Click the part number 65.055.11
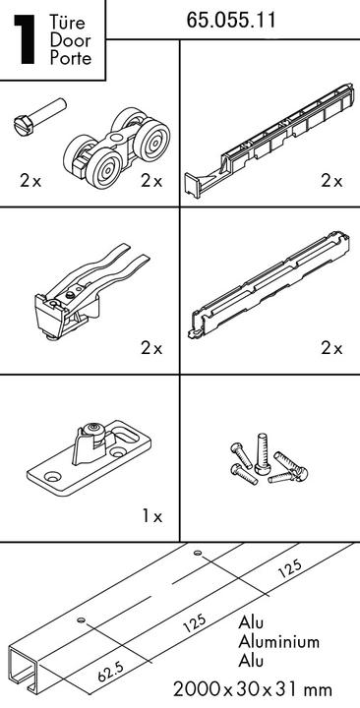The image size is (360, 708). click(231, 20)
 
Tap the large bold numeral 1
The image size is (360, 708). click(26, 39)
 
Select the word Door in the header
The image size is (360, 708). click(70, 39)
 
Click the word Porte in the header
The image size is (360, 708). click(71, 58)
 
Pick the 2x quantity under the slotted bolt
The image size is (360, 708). click(30, 181)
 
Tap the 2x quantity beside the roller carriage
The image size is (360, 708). click(151, 181)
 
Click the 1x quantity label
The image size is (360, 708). click(151, 516)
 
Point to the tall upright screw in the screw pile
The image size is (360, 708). click(262, 453)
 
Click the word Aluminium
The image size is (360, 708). click(278, 641)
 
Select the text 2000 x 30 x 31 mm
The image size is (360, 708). click(253, 689)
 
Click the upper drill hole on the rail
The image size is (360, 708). click(197, 553)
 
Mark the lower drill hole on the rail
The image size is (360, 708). click(81, 619)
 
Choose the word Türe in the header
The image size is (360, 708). click(68, 22)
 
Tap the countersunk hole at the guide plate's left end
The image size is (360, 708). click(53, 476)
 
